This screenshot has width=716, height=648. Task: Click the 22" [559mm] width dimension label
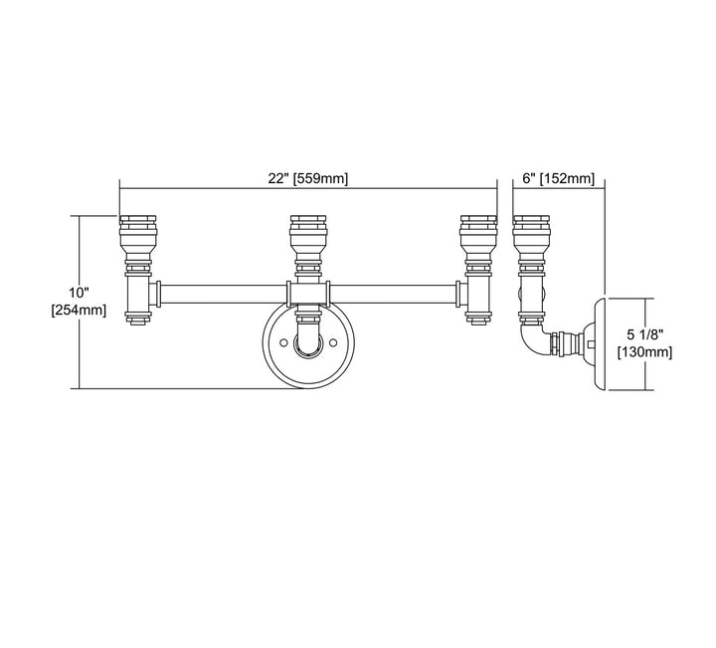tap(307, 179)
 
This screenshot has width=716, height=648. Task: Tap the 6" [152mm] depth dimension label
tap(559, 179)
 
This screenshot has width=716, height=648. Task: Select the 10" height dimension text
tap(79, 292)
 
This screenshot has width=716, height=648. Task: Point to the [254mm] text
tap(79, 311)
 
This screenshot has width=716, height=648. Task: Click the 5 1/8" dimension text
tap(644, 334)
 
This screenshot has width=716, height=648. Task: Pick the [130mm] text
tap(644, 352)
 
